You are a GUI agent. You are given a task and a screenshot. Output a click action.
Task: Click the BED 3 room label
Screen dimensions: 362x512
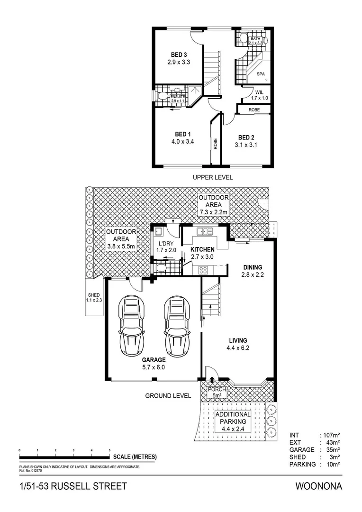(179, 55)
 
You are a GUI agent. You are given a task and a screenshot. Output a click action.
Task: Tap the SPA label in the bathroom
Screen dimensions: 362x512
(261, 74)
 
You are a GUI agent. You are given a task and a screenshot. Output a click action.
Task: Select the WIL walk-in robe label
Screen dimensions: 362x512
(259, 92)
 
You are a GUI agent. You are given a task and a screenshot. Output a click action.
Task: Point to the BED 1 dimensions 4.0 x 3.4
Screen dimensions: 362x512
(183, 141)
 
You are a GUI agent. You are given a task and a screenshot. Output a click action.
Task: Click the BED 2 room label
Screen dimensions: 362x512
(246, 137)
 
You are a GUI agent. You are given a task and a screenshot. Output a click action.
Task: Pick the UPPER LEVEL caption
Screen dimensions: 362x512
(212, 177)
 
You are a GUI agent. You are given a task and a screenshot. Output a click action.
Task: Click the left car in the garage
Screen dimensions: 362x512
(131, 326)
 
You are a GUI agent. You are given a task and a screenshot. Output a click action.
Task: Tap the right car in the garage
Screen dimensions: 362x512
(177, 326)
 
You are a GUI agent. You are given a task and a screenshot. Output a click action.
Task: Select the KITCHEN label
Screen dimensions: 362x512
(202, 249)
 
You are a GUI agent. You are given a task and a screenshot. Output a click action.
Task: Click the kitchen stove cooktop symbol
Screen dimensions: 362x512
(203, 270)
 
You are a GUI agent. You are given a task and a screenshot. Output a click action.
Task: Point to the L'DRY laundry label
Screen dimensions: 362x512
(166, 244)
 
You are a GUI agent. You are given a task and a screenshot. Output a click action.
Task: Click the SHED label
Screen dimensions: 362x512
(94, 295)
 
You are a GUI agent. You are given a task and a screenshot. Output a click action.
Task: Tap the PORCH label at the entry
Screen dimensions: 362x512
(217, 390)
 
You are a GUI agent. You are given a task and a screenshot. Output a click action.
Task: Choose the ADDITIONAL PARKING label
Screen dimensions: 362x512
(233, 418)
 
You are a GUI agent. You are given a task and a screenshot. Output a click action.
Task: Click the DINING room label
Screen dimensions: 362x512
(253, 267)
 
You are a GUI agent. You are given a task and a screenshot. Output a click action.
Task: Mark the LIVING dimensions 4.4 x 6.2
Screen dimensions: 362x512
(238, 348)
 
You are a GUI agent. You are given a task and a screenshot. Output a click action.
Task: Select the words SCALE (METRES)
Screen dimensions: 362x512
(135, 457)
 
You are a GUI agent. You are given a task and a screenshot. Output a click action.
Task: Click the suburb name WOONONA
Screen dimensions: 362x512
(318, 486)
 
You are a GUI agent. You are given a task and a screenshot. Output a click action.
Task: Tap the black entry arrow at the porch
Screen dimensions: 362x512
(212, 380)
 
